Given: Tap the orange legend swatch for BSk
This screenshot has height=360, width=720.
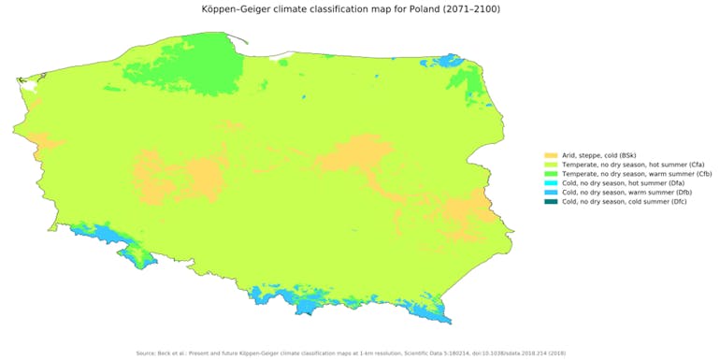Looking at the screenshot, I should tap(549, 155).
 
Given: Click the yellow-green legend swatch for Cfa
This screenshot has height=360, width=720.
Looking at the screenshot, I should tap(549, 165).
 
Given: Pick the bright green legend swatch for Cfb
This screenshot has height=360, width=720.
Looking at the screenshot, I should tap(549, 174).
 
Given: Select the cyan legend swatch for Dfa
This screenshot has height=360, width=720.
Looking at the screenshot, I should tap(549, 183).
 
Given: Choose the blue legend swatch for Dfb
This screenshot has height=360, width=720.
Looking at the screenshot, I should tap(549, 193).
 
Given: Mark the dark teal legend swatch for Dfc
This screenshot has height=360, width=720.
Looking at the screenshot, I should tap(549, 202).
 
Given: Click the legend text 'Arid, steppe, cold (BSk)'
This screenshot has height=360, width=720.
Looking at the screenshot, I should tap(596, 155).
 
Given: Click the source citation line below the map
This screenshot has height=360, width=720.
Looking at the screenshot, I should tap(359, 353).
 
